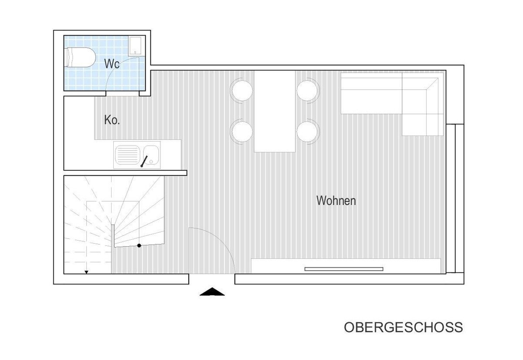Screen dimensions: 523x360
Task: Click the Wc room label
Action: (112, 64)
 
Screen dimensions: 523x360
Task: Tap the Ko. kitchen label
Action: (112, 120)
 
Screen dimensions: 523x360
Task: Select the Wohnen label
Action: (336, 200)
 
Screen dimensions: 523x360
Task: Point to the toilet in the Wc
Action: (80, 58)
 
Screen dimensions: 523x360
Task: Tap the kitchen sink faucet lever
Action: (144, 161)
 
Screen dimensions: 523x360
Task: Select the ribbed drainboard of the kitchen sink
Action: (127, 155)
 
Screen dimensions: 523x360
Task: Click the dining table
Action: (275, 112)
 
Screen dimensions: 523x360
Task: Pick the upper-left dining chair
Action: (242, 91)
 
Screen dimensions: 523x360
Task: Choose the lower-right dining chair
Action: (308, 132)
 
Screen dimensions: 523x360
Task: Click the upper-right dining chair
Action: (308, 91)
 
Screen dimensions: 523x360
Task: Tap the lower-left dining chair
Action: (242, 132)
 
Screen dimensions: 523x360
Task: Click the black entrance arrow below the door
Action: (212, 292)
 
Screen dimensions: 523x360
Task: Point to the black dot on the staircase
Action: (139, 246)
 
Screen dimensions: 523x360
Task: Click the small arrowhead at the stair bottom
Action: (86, 272)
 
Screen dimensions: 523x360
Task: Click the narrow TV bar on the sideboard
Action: (344, 269)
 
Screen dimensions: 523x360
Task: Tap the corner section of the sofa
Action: (423, 104)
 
